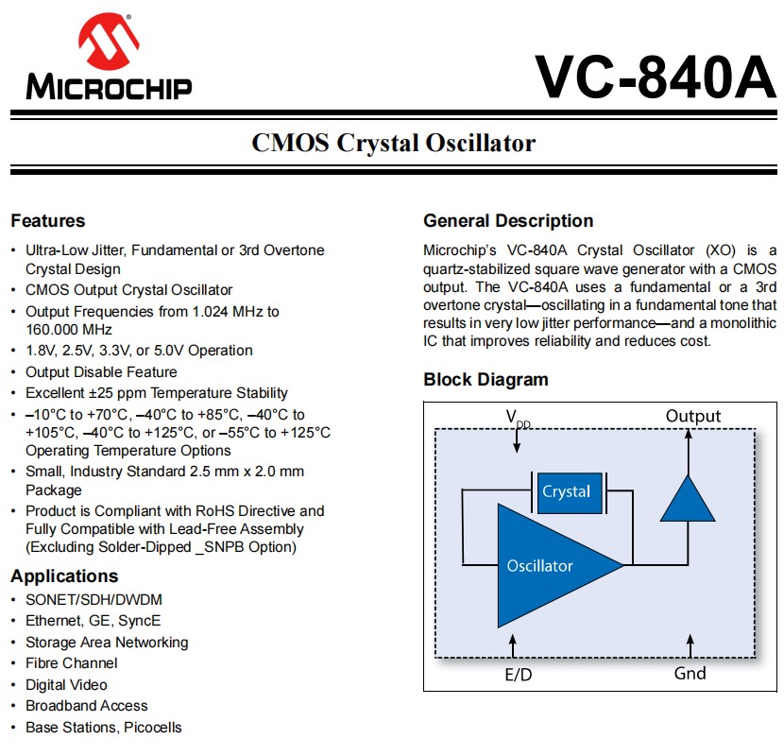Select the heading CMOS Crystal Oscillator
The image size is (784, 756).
(393, 143)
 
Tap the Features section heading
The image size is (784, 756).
(47, 221)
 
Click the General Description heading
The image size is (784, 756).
(508, 221)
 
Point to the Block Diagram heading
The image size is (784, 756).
(486, 380)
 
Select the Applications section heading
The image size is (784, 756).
(64, 576)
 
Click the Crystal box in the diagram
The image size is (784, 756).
(566, 491)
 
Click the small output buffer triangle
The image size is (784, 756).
(687, 497)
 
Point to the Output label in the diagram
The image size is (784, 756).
(692, 416)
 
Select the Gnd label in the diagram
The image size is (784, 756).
(690, 673)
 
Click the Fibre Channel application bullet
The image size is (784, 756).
(72, 663)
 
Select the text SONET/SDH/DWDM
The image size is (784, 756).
(79, 600)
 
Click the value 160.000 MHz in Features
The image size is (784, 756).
(69, 330)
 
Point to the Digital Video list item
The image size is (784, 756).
(66, 685)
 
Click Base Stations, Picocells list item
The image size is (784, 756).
(104, 727)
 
